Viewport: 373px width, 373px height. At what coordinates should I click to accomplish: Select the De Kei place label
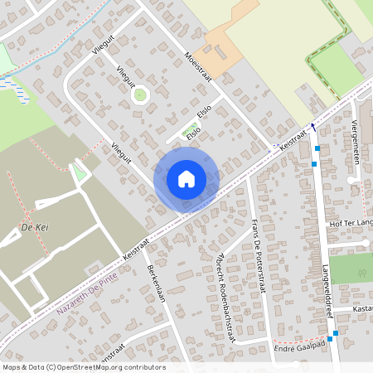click(32, 225)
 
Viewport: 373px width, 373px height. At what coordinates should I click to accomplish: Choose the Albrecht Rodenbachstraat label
click(223, 295)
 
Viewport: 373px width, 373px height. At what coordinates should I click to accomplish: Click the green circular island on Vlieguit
click(140, 94)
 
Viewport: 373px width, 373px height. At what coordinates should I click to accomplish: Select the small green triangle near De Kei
click(79, 172)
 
